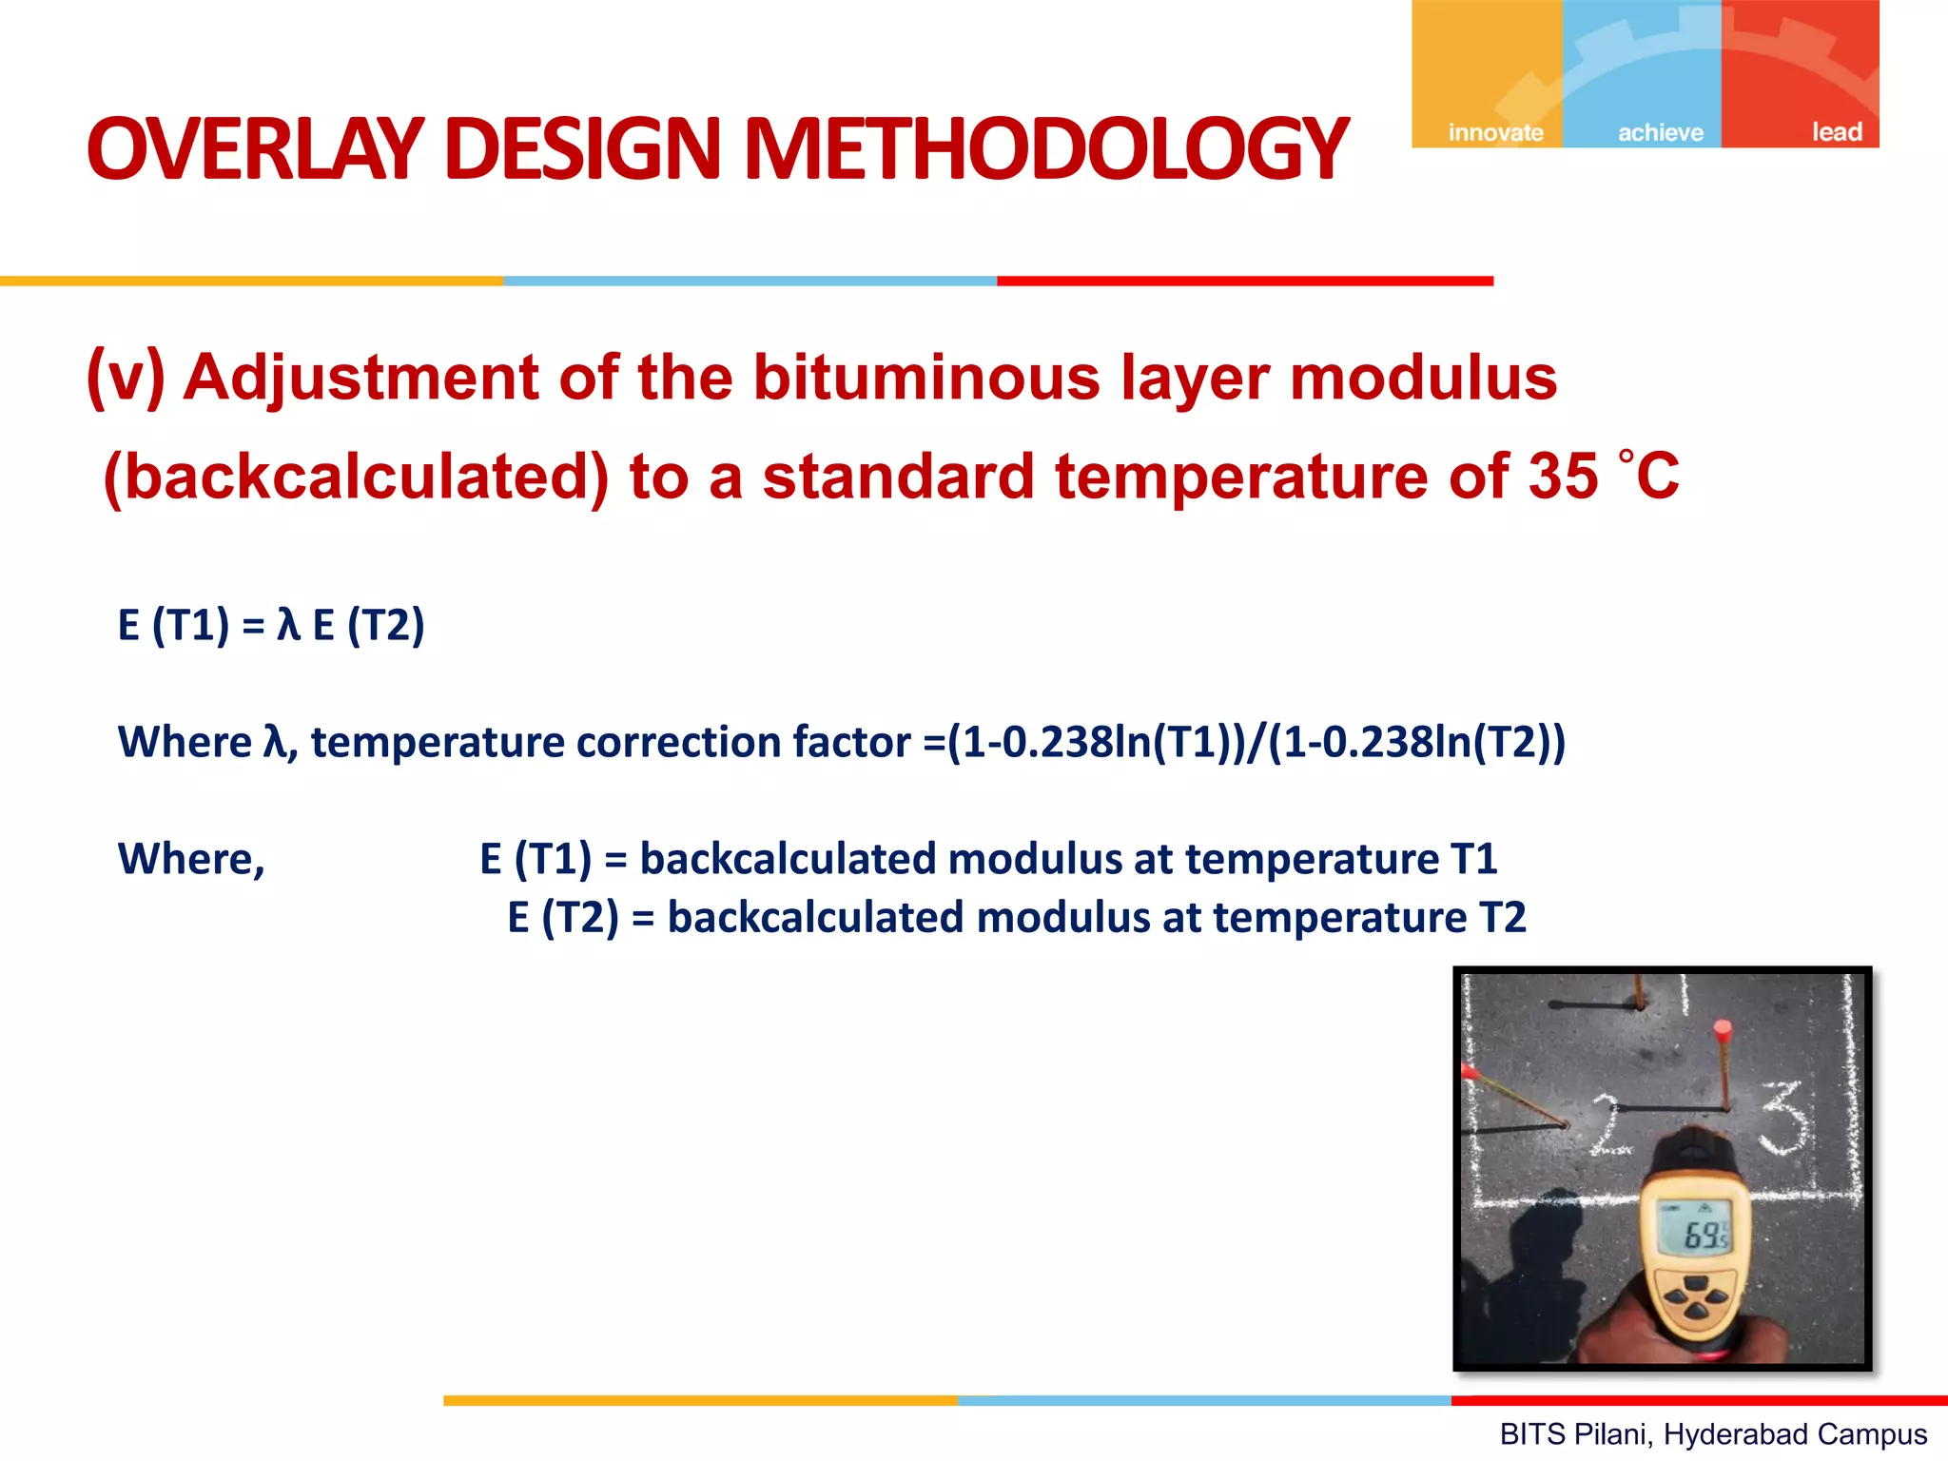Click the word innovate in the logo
pyautogui.click(x=1495, y=132)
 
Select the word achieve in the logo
pyautogui.click(x=1661, y=132)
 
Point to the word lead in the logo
pyautogui.click(x=1836, y=132)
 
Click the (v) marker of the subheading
pyautogui.click(x=126, y=377)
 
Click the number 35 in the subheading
pyautogui.click(x=1563, y=476)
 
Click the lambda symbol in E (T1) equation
pyautogui.click(x=287, y=626)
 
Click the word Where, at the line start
pyautogui.click(x=191, y=859)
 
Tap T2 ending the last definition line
pyautogui.click(x=1502, y=918)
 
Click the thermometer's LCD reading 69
pyautogui.click(x=1700, y=1235)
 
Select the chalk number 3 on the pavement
pyautogui.click(x=1785, y=1118)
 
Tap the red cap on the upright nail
pyautogui.click(x=1722, y=1029)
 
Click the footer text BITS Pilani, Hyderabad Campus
pyautogui.click(x=1712, y=1433)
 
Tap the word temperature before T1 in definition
pyautogui.click(x=1312, y=859)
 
